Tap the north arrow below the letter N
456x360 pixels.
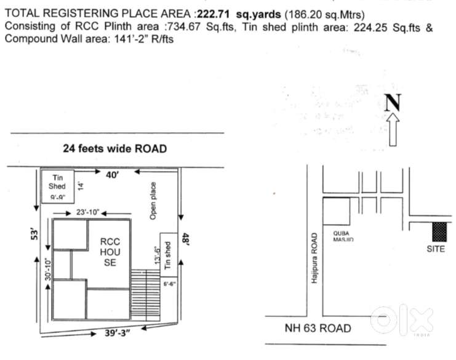pyautogui.click(x=394, y=130)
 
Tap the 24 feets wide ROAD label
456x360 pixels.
pyautogui.click(x=115, y=149)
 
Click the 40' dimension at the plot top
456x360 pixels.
pyautogui.click(x=112, y=175)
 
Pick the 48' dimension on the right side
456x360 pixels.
pyautogui.click(x=184, y=238)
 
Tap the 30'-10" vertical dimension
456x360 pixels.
pyautogui.click(x=46, y=268)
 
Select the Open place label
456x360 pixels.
pyautogui.click(x=153, y=201)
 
